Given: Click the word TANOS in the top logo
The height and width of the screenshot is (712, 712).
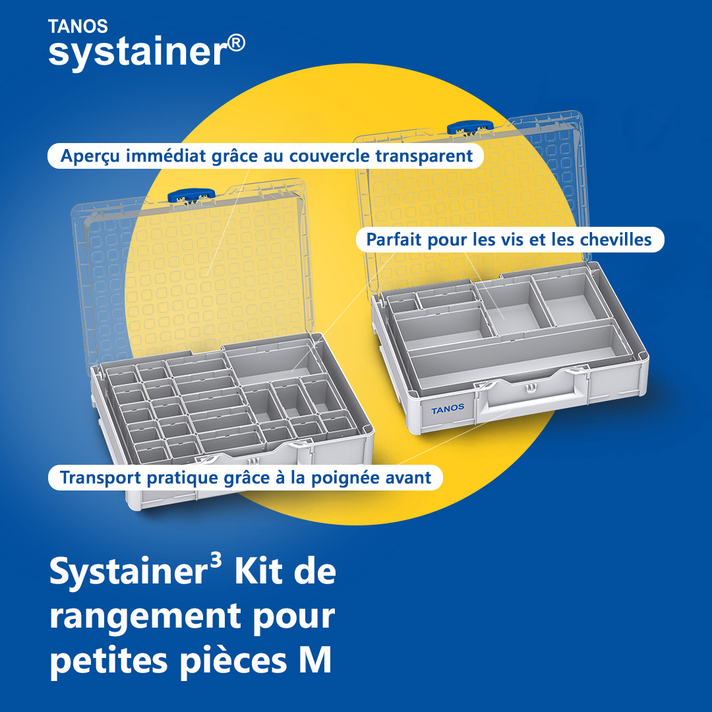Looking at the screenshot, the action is click(x=78, y=26).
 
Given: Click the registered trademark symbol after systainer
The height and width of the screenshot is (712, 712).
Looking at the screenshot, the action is click(x=235, y=44).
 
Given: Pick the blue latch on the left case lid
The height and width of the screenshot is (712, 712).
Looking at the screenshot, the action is click(x=191, y=196).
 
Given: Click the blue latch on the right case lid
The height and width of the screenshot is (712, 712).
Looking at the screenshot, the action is click(x=470, y=128).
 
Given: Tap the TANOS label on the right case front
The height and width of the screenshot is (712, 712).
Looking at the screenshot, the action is click(x=448, y=409).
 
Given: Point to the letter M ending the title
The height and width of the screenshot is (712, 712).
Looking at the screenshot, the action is click(x=315, y=660).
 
